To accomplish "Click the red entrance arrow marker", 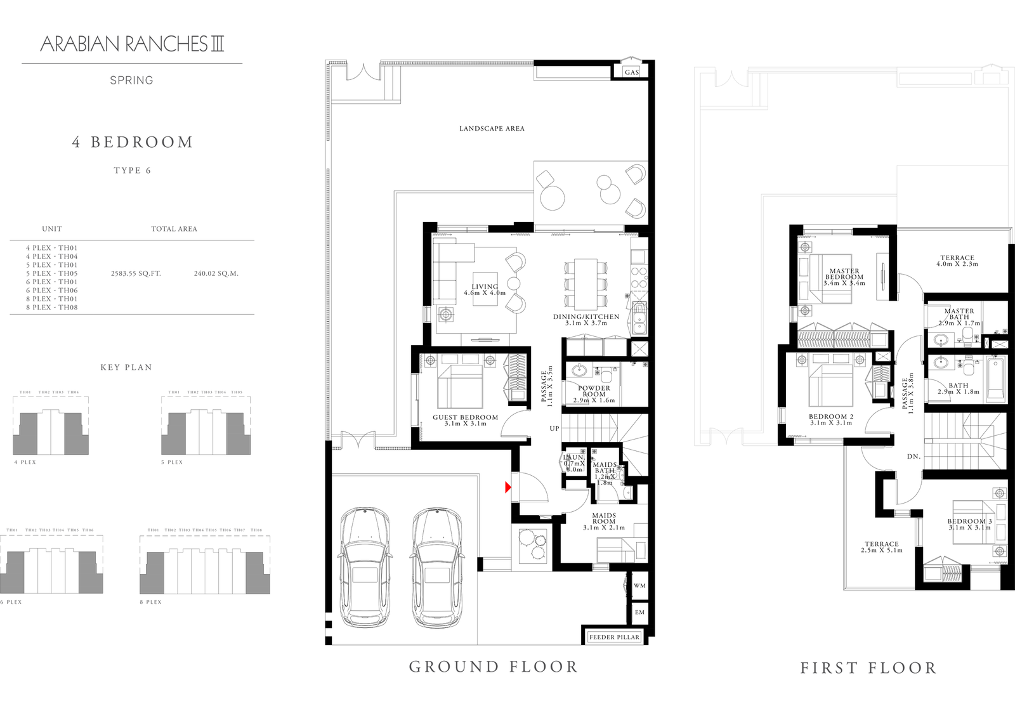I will tap(508, 487).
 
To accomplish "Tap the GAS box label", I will tap(631, 72).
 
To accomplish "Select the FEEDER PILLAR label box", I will tap(614, 637).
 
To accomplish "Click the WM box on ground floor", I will tap(639, 585).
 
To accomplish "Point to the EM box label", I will tap(639, 612).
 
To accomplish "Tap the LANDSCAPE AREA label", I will tap(492, 129).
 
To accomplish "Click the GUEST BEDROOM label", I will tap(465, 417).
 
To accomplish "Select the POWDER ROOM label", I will tap(594, 391).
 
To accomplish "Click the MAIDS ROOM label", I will tap(604, 518).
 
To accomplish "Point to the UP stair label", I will tap(554, 429).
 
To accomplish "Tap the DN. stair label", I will tap(913, 457).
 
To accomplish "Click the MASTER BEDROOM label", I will tap(844, 274).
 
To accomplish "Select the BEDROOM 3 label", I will tap(969, 521).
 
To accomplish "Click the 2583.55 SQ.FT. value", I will tap(136, 274).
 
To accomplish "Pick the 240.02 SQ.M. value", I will tap(216, 274).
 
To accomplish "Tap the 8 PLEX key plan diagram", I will tap(205, 563).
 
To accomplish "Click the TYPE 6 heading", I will tap(132, 171).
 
